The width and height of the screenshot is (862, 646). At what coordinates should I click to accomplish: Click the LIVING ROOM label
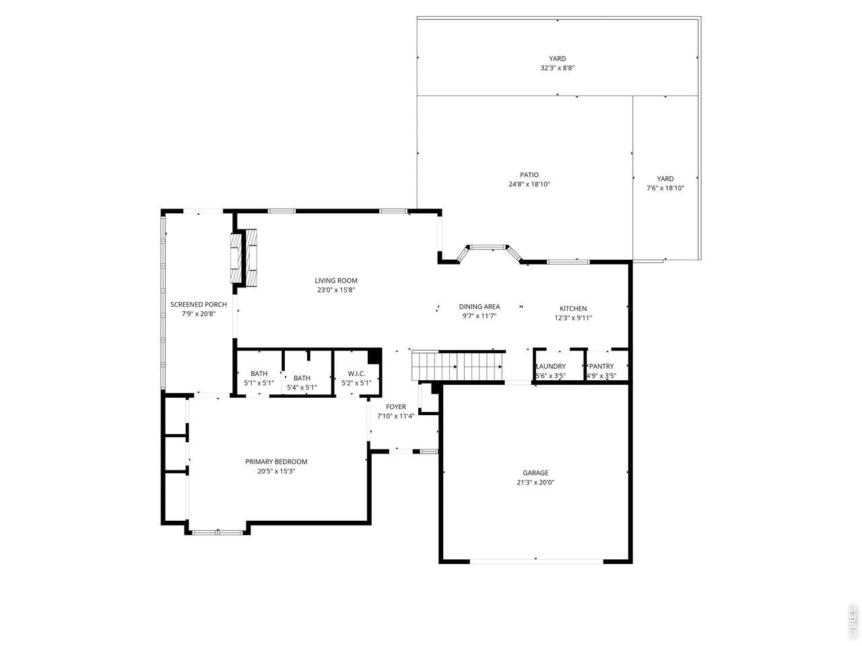336,281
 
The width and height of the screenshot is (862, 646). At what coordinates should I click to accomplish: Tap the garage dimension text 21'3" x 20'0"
535,482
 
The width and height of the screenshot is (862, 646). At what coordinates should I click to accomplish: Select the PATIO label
529,175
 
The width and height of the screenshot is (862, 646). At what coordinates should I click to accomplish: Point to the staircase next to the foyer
458,367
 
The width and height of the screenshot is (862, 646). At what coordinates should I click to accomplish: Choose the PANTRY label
601,366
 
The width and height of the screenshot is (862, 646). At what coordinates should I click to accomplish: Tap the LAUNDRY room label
550,366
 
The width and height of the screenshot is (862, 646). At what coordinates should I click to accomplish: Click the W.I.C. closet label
356,373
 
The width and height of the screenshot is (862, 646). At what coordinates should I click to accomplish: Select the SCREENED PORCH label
199,304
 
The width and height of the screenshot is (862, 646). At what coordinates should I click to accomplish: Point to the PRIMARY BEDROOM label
276,462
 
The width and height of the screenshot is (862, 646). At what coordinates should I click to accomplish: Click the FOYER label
396,406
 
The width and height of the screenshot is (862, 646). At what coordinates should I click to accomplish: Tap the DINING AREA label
479,307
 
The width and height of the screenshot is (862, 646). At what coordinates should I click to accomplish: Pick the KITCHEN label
573,308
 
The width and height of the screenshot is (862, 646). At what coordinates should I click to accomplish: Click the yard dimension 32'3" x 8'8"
557,68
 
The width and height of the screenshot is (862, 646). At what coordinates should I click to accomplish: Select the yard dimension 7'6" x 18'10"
665,188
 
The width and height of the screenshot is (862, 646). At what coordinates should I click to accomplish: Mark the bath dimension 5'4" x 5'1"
302,387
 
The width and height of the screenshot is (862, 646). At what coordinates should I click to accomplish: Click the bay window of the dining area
489,249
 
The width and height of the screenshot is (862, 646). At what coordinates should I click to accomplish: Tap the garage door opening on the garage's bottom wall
536,561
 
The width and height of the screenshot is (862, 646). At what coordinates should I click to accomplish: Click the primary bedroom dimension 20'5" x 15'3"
276,471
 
